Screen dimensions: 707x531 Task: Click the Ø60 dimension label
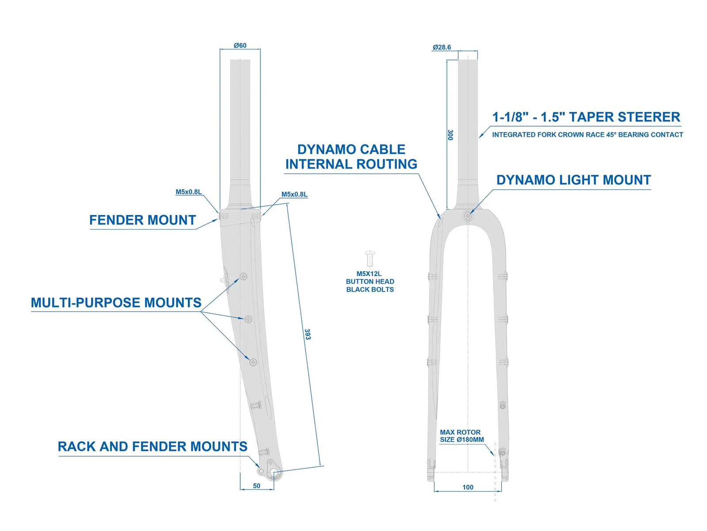(240, 46)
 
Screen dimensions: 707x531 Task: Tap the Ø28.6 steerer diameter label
(441, 47)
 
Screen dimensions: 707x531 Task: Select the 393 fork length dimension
(307, 335)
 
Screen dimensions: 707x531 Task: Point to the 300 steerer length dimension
(450, 135)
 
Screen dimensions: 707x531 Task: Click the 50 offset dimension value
(256, 486)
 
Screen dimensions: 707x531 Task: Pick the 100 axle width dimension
(468, 487)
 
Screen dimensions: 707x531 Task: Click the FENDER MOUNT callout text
(142, 220)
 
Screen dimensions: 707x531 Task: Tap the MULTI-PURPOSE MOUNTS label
(116, 302)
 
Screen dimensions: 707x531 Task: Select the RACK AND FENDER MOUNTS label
(152, 446)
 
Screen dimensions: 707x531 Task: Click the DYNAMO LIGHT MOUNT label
(573, 180)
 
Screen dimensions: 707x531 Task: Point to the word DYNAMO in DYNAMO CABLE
(326, 149)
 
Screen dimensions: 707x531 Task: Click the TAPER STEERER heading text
(624, 117)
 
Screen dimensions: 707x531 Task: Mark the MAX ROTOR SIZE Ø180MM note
(462, 436)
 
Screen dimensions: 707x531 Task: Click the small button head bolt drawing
(370, 258)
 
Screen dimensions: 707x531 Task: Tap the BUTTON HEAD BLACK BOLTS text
(370, 285)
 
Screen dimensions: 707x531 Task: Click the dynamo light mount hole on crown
(468, 215)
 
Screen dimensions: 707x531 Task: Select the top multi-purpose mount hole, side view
(243, 276)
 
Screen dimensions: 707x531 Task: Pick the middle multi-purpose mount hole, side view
(248, 319)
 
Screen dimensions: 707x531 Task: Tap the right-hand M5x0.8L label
(294, 194)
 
